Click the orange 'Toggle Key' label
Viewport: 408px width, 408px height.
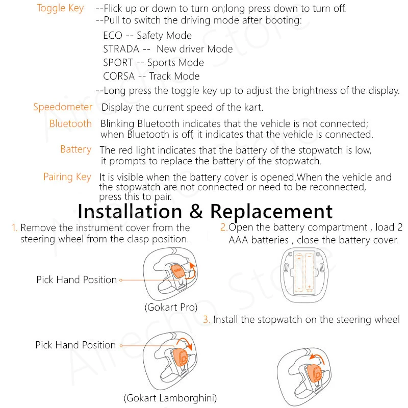tap(61, 8)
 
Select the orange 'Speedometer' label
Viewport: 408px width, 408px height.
tap(63, 107)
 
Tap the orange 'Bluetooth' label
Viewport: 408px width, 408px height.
tap(70, 123)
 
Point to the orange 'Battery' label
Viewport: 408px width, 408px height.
tap(75, 149)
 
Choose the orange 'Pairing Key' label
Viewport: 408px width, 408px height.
tap(67, 177)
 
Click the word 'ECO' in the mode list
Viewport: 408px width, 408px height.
tap(112, 36)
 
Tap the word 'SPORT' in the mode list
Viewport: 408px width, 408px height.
tap(117, 63)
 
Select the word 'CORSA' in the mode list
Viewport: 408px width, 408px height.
tap(119, 76)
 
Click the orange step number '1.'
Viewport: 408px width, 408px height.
tap(14, 228)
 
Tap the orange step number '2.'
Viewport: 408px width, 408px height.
tap(223, 227)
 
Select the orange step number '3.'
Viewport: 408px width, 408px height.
tap(207, 320)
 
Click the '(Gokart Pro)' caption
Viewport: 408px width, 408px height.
tap(170, 308)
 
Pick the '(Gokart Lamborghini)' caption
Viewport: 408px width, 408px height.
tap(170, 398)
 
